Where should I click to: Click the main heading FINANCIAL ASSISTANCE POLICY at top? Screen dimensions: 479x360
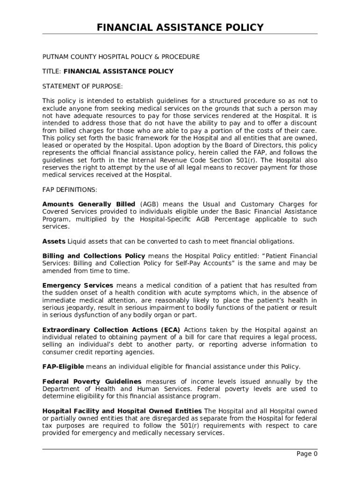(180, 28)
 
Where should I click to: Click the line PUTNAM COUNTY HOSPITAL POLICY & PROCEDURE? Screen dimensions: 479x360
(121, 57)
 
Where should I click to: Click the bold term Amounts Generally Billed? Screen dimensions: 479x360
(88, 204)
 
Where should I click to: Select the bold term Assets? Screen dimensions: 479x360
(54, 241)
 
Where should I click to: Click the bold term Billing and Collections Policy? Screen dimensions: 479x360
(94, 256)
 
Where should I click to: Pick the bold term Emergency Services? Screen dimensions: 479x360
(78, 285)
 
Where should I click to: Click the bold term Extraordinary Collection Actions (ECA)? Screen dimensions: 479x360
(111, 330)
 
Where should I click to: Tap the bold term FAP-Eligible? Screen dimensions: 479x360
(63, 366)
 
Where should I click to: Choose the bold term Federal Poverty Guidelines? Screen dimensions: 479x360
(92, 381)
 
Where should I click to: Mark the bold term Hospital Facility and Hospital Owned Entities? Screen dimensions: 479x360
(122, 411)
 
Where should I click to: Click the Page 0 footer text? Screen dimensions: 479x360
(307, 454)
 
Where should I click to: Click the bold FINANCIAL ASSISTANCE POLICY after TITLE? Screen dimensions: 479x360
(118, 72)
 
